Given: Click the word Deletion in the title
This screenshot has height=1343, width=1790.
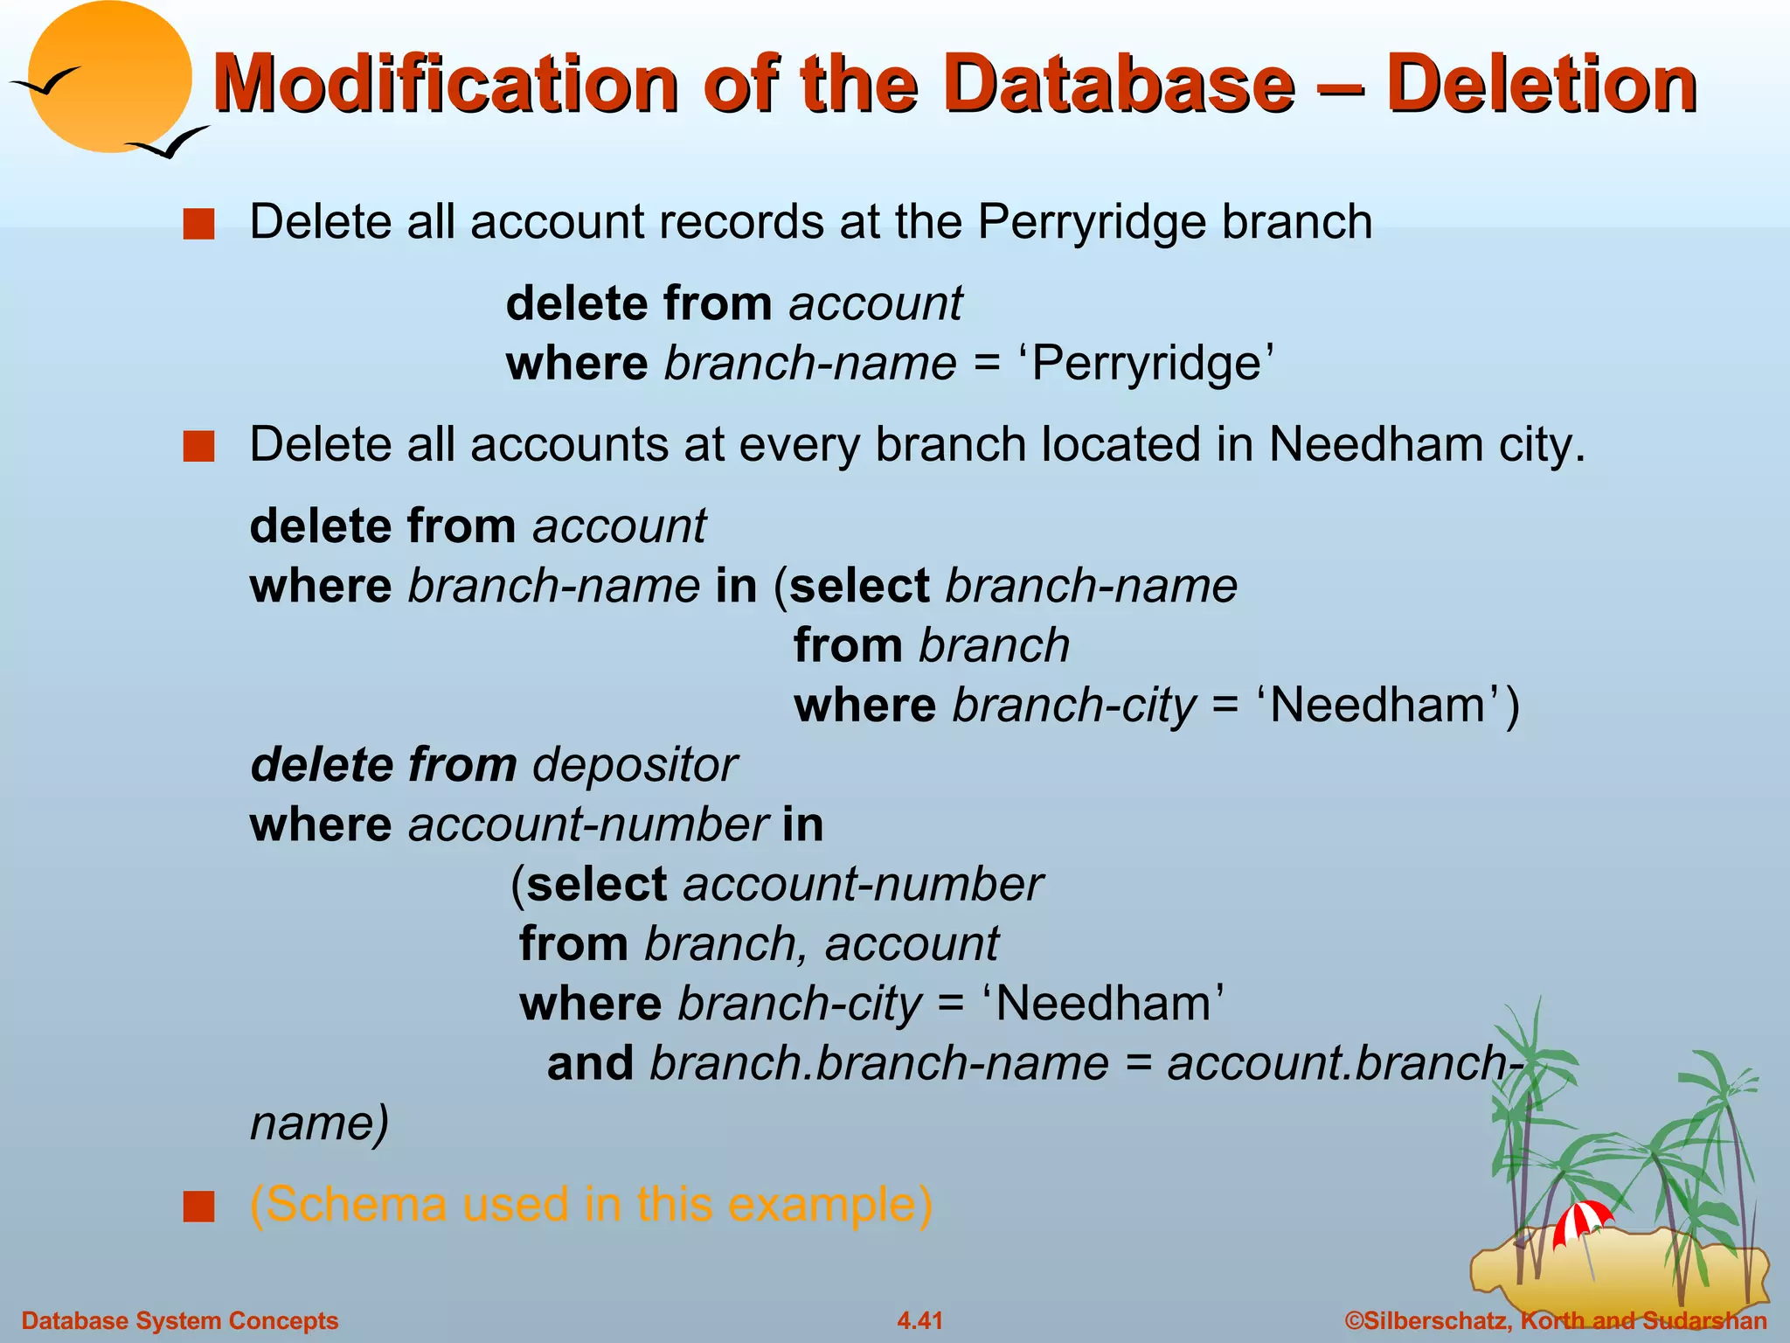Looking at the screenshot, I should point(1541,85).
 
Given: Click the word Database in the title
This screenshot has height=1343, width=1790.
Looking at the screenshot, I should point(1119,85).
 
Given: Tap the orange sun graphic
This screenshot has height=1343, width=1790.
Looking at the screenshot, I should point(109,77).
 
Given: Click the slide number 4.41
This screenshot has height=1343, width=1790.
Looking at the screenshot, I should point(919,1320).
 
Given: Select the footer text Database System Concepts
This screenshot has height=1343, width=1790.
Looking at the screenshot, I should point(179,1320).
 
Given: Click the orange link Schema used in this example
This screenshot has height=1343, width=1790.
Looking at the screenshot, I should point(591,1204).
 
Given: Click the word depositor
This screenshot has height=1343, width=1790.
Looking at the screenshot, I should point(635,765).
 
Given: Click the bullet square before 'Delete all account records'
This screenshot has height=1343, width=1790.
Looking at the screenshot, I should point(198,225).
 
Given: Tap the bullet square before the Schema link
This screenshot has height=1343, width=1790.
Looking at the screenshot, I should point(198,1207).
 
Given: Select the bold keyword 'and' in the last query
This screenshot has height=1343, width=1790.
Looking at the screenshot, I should point(590,1064).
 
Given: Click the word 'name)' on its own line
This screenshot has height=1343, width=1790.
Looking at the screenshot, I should point(319,1123).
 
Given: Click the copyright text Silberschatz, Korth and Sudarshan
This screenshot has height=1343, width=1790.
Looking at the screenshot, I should point(1556,1320).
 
